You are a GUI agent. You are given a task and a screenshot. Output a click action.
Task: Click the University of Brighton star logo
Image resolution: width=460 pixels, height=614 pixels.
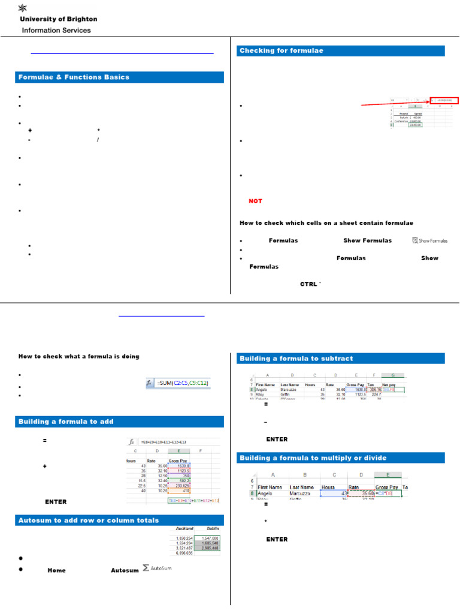point(23,8)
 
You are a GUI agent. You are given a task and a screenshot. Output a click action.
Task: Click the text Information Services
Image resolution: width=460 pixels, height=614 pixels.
point(56,30)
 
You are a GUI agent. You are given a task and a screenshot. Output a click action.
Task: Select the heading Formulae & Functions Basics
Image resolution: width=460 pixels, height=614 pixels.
point(74,77)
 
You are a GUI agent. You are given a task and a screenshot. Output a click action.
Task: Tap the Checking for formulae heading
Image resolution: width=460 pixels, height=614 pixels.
point(282,51)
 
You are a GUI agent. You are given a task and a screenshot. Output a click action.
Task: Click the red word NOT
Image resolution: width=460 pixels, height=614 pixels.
point(256,201)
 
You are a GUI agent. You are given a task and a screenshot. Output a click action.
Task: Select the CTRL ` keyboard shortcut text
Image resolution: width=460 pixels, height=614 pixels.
point(311,284)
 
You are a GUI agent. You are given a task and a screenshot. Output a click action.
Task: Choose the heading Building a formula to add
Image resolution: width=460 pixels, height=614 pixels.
point(66,422)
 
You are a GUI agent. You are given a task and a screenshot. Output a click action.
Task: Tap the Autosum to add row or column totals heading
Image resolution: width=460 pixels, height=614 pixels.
point(89,520)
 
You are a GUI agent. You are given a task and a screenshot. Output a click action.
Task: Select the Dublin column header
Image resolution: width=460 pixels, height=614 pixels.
point(211,529)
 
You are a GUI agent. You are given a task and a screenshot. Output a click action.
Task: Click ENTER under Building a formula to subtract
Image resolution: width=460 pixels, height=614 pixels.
point(277,440)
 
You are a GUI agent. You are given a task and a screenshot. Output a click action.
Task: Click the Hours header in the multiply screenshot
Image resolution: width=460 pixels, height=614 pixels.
point(328,487)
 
